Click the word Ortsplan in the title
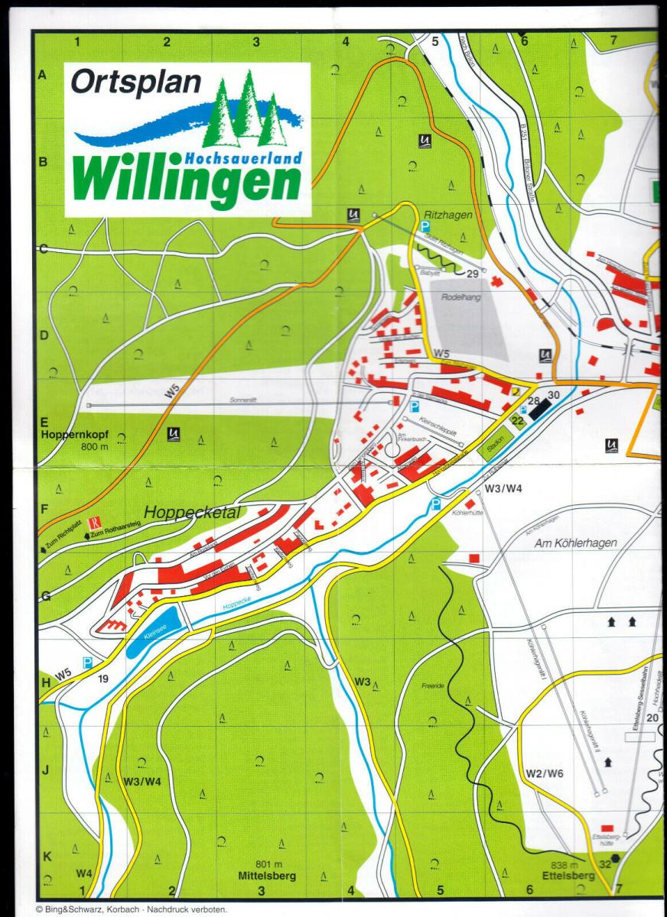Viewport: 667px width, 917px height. (x=135, y=82)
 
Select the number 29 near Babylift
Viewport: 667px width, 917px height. (x=472, y=274)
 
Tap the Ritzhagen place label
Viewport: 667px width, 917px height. (x=447, y=215)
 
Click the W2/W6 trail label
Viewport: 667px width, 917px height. (x=545, y=774)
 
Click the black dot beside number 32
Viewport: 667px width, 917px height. (x=617, y=859)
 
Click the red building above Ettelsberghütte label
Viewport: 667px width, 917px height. (x=608, y=828)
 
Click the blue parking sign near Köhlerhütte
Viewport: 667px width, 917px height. (x=435, y=504)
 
